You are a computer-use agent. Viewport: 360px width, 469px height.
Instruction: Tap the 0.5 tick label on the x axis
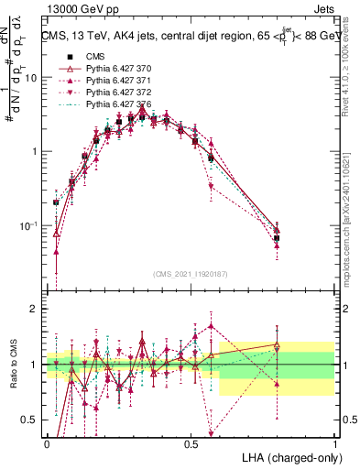coord(191,443)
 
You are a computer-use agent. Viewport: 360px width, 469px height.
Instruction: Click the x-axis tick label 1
coord(335,443)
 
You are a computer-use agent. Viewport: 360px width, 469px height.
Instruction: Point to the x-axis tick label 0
coord(47,443)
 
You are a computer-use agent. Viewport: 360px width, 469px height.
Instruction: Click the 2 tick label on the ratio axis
coord(35,309)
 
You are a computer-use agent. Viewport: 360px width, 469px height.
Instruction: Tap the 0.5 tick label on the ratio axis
coord(30,420)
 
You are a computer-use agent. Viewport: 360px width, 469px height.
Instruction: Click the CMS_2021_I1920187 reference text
coord(191,273)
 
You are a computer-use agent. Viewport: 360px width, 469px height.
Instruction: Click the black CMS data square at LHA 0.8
coord(277,237)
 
